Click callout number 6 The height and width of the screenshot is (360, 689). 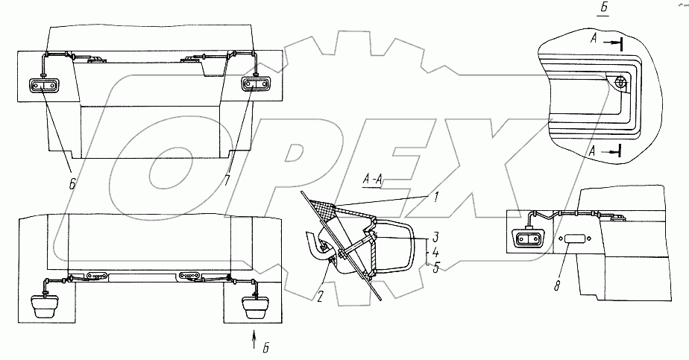[72, 181]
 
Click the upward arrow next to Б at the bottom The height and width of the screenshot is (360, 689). [254, 345]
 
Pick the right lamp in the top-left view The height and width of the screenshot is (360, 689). [254, 86]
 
